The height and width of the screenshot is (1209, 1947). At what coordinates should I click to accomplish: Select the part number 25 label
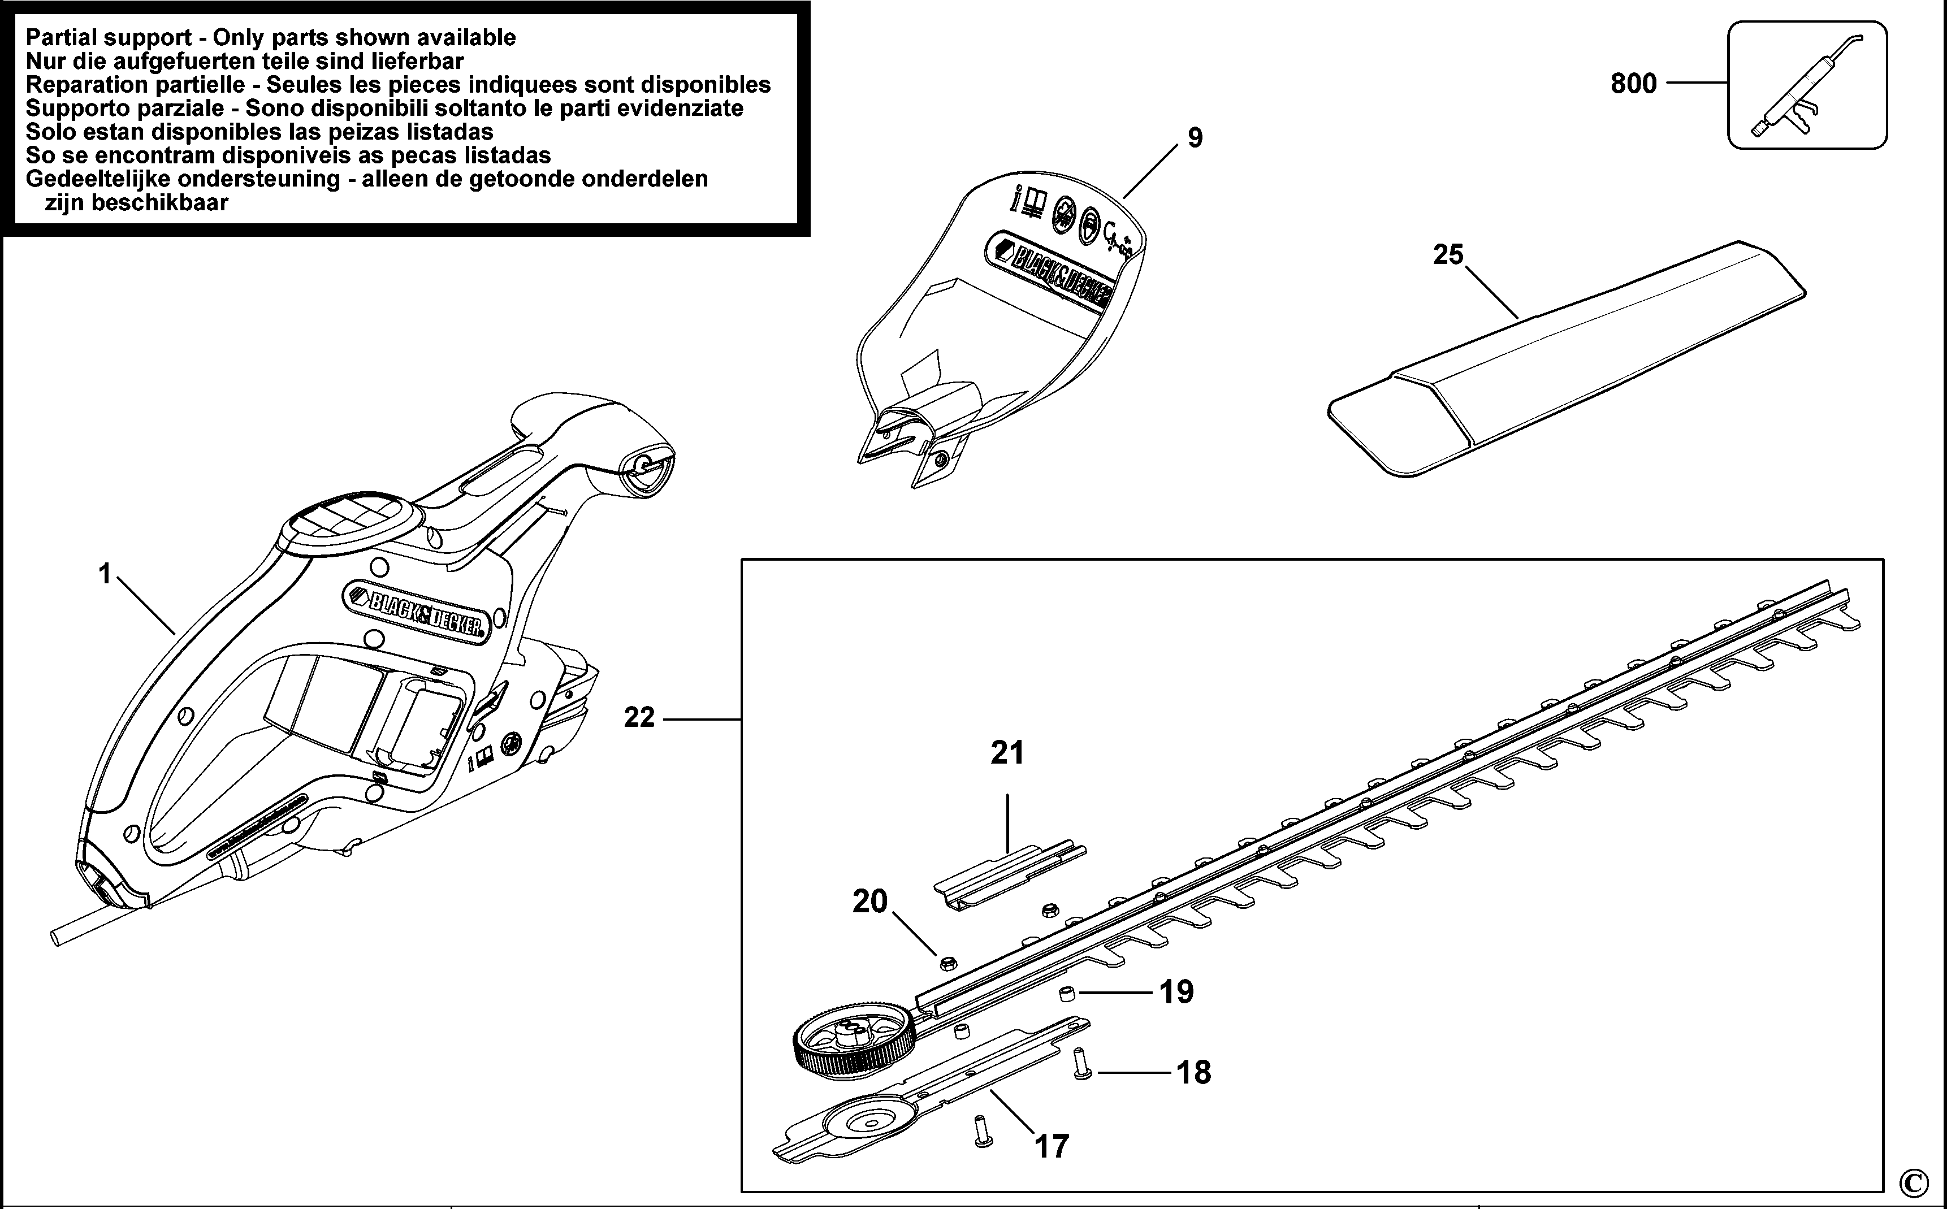coord(1448,255)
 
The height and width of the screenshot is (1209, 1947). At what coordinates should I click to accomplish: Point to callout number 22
coord(639,718)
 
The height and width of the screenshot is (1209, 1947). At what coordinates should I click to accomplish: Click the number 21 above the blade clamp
coord(1007,752)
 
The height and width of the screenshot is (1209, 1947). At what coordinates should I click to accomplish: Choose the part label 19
coord(1176,993)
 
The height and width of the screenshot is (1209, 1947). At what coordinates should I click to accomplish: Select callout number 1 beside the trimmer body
coord(105,574)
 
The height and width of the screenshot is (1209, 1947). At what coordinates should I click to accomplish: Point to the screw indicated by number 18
coord(1081,1064)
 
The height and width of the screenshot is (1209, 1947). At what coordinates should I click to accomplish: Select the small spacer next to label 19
coord(1065,994)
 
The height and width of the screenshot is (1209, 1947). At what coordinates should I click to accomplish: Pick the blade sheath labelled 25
coord(1567,360)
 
